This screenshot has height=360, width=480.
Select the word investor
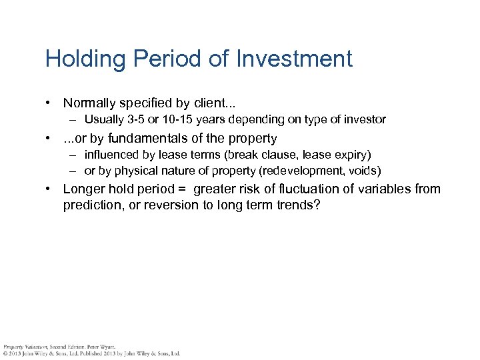tap(364, 120)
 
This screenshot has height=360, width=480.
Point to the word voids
tap(364, 171)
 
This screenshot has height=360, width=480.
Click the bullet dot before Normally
tap(49, 103)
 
